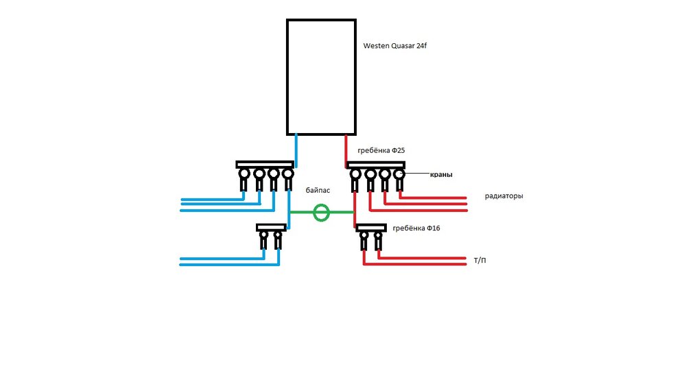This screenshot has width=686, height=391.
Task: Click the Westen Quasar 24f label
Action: pyautogui.click(x=394, y=47)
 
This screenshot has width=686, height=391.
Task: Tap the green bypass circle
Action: pyautogui.click(x=321, y=213)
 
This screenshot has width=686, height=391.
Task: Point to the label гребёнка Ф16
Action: pyautogui.click(x=416, y=228)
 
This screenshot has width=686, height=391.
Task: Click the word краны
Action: pyautogui.click(x=440, y=175)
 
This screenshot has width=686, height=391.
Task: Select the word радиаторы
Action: pyautogui.click(x=504, y=196)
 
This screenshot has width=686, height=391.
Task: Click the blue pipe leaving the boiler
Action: pyautogui.click(x=296, y=147)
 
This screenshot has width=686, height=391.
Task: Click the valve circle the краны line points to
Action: pyautogui.click(x=399, y=175)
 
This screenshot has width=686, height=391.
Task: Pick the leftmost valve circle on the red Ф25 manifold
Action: pyautogui.click(x=356, y=175)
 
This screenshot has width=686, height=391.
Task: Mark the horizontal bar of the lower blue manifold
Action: pyautogui.click(x=271, y=227)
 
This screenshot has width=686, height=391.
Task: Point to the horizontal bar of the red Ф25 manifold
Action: pyautogui.click(x=376, y=165)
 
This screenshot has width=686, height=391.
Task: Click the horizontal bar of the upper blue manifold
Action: pyautogui.click(x=265, y=165)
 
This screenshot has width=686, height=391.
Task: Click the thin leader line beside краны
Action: pyautogui.click(x=416, y=175)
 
